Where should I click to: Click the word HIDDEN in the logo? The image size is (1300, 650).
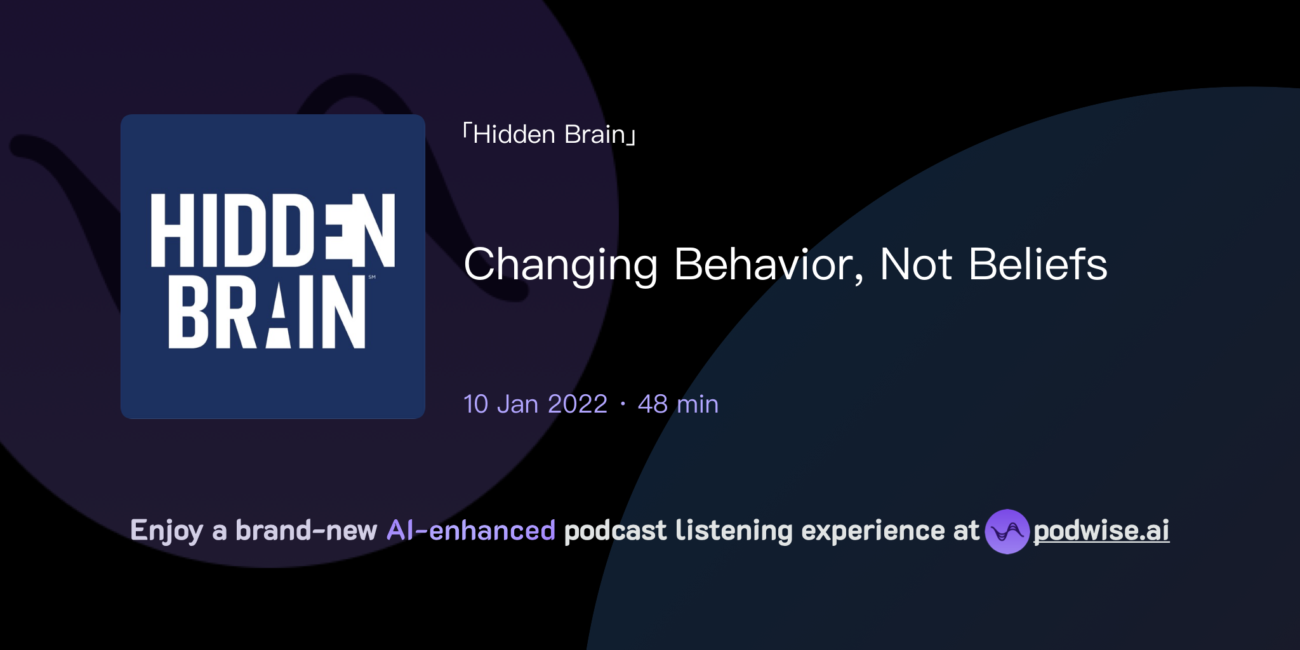273,230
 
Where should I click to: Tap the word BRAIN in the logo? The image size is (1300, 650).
267,312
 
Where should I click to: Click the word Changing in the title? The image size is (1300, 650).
560,265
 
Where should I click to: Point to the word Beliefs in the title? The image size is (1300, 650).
1038,265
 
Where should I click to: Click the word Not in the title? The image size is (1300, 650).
915,265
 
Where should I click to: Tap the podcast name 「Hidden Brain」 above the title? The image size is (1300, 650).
550,135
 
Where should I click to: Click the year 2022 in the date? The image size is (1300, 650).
578,404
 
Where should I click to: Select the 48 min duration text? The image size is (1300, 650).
678,404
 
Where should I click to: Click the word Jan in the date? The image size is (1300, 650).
517,404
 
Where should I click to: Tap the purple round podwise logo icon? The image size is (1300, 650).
1007,531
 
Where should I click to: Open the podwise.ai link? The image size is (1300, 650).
1101,531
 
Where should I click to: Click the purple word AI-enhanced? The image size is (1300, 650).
471,531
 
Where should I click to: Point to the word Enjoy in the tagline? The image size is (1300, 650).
166,531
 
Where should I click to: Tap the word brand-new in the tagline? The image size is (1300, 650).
306,531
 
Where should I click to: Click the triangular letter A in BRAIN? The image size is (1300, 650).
277,314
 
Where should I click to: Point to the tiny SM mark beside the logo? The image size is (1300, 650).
372,277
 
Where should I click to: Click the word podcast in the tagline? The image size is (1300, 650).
615,531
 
